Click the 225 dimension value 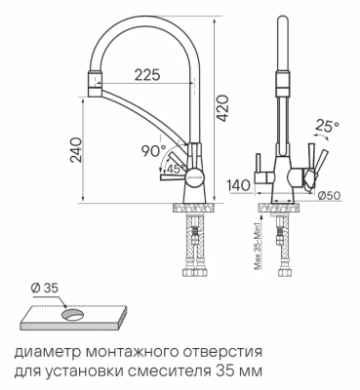(x=147, y=75)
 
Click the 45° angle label (x=174, y=168)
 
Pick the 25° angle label (x=330, y=127)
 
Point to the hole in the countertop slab (x=73, y=314)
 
